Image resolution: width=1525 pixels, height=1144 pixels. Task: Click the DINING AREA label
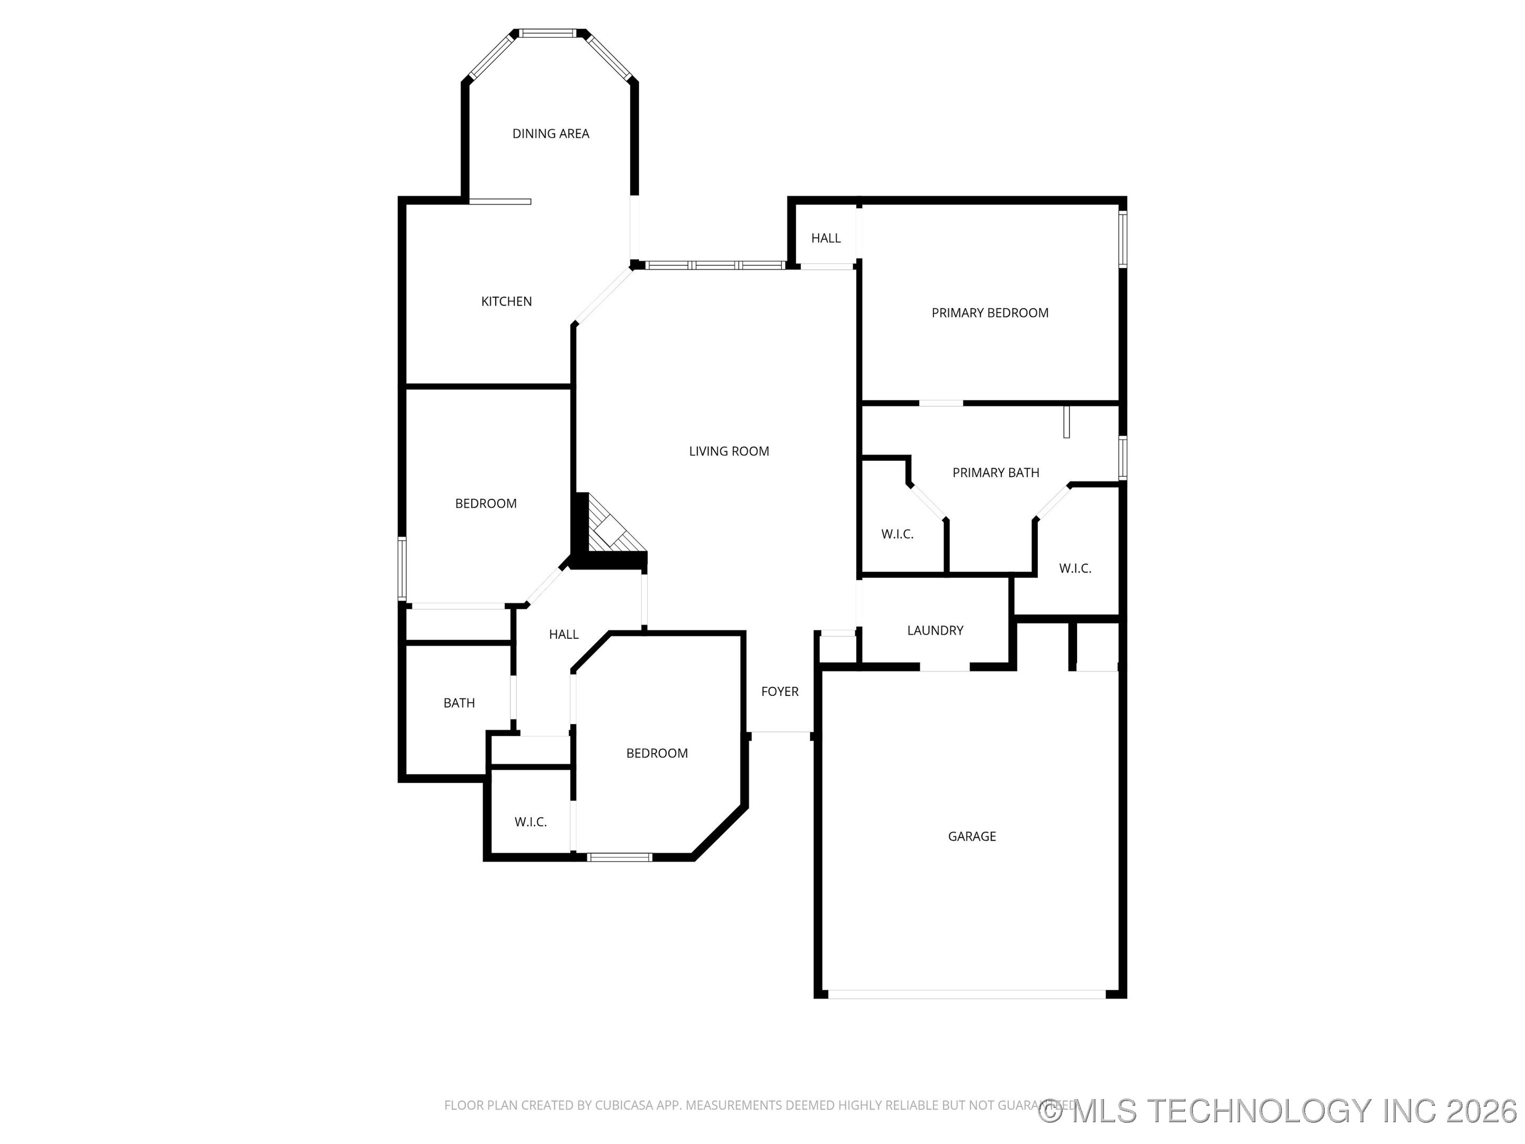point(550,134)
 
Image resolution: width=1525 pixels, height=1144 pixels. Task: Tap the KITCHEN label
point(506,301)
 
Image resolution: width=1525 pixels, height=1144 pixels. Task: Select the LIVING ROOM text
point(729,451)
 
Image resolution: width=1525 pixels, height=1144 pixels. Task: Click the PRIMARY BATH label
point(995,472)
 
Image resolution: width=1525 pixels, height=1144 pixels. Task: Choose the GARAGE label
point(972,836)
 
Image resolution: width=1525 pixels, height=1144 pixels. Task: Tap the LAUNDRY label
point(935,630)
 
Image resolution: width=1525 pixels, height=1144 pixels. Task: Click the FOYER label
point(780,692)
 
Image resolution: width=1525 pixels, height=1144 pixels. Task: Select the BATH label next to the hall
point(459,703)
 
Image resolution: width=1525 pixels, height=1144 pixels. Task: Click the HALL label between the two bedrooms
point(563,634)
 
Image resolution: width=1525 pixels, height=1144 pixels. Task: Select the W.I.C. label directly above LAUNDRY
point(897,534)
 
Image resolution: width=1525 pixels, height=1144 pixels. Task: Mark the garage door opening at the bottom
point(966,994)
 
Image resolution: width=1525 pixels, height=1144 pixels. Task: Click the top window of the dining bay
point(548,33)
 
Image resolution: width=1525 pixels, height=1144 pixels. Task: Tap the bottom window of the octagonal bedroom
point(619,857)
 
